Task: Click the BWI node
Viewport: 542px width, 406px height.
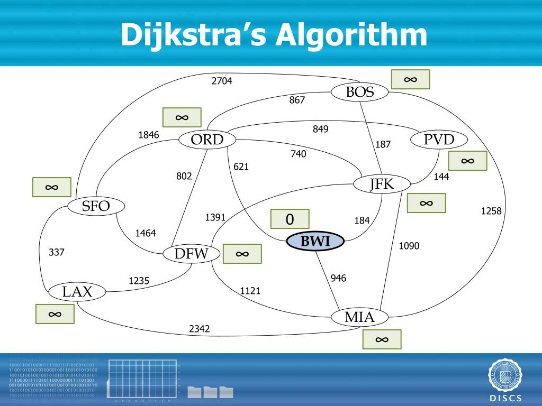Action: pos(315,242)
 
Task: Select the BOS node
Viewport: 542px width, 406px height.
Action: pos(360,93)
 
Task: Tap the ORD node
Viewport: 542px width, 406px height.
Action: pos(207,140)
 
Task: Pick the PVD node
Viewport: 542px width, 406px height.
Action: pos(439,140)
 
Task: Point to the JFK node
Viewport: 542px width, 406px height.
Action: pos(382,184)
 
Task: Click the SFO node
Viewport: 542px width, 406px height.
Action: pos(96,206)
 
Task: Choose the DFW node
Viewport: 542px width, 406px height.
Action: pos(191,254)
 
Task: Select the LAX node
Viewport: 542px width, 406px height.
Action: pos(77,292)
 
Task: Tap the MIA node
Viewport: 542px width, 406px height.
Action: pos(360,317)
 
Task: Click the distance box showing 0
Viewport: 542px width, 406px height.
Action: pos(290,219)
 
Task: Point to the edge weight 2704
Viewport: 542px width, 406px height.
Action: pos(222,81)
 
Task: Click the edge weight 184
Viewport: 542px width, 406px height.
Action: pos(362,221)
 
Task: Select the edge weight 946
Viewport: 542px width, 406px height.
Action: pos(338,278)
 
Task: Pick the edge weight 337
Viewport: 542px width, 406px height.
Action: pos(57,252)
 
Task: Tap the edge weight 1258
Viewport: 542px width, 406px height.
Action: pos(491,211)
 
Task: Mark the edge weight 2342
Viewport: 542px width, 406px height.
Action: pos(200,329)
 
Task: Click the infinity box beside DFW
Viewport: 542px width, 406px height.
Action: pos(242,254)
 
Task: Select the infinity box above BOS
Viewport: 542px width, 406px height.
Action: pos(410,79)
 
